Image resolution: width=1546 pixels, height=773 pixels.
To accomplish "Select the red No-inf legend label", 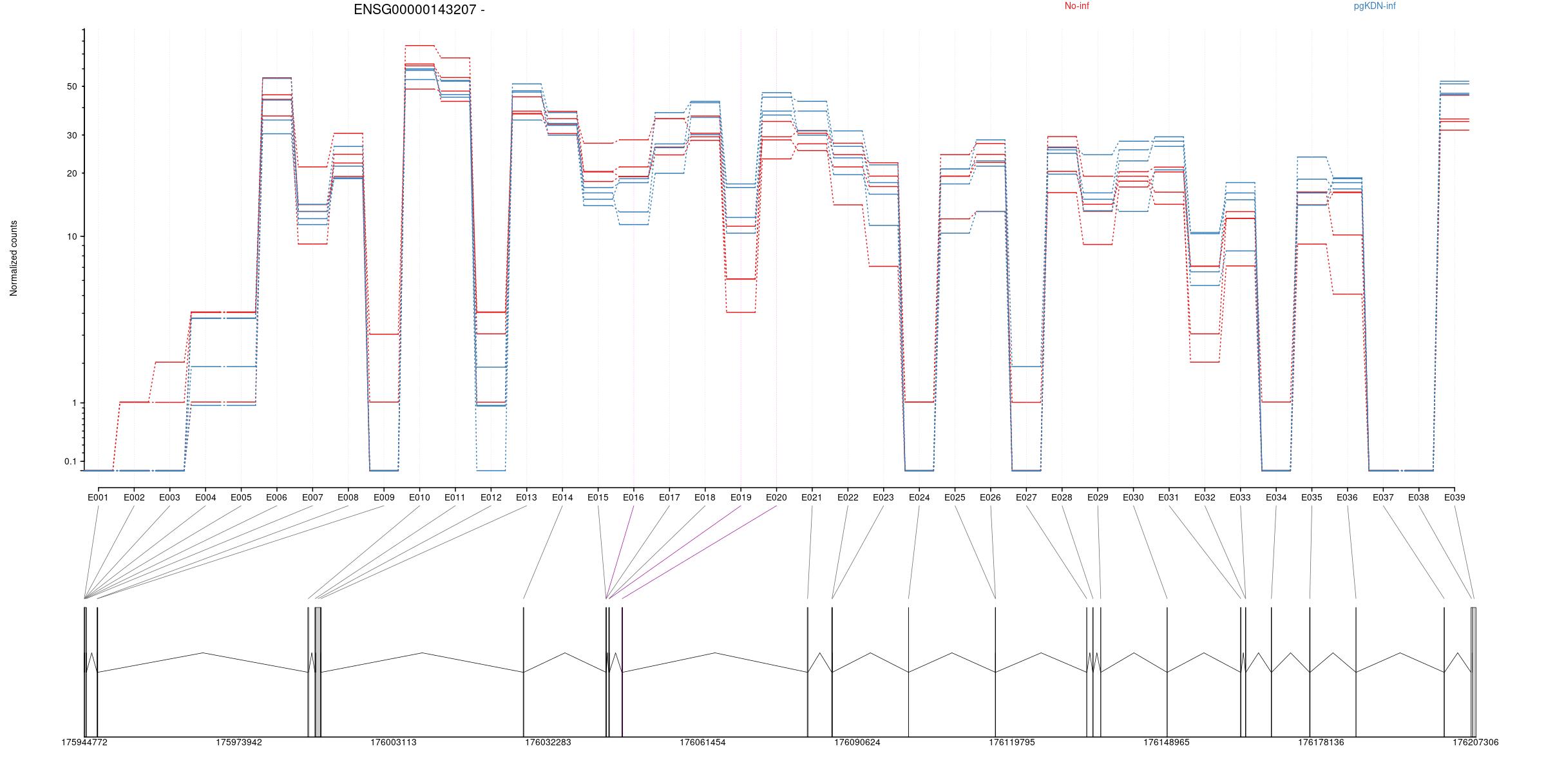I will [1076, 6].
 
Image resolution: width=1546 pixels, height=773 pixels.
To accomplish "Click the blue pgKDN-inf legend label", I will [1375, 6].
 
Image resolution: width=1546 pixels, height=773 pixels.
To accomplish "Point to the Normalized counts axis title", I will [14, 258].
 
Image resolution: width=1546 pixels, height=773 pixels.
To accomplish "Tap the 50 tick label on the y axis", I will [71, 86].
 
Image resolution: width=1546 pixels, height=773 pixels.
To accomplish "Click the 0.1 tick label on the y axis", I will [70, 461].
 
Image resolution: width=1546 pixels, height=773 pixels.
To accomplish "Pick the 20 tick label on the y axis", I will [71, 173].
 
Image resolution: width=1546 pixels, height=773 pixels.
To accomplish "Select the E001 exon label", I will [98, 497].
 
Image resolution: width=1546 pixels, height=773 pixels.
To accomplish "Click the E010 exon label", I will [419, 497].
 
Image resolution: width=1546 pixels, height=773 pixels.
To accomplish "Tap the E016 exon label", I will [633, 497].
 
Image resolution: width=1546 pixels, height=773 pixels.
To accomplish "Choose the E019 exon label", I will [741, 497].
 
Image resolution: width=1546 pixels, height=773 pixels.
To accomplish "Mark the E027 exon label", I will [1026, 497].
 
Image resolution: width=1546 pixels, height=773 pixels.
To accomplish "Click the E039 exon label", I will [1454, 497].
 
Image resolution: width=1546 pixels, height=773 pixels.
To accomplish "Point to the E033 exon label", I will [1240, 497].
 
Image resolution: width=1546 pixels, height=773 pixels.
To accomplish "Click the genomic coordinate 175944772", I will [84, 742].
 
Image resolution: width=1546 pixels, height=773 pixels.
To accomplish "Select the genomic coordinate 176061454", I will [702, 742].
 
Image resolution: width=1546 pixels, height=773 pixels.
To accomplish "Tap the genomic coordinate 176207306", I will [1475, 742].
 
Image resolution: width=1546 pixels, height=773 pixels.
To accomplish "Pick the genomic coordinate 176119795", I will [1011, 742].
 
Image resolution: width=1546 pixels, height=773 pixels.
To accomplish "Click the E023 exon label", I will [883, 497].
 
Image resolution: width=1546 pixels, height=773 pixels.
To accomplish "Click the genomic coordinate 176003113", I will [393, 742].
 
